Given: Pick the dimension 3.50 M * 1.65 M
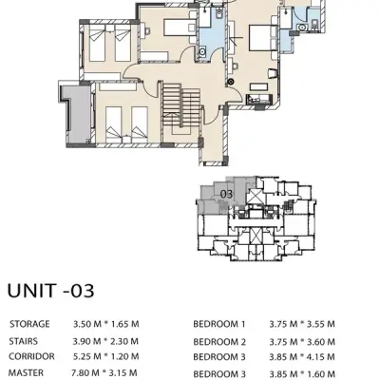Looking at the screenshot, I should click(x=106, y=323).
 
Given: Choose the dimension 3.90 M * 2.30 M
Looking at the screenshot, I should click(x=106, y=340).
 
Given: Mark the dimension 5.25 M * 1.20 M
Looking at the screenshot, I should click(x=106, y=357).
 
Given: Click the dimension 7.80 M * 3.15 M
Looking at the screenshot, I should click(x=106, y=373).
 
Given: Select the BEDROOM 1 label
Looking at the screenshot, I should click(x=219, y=323).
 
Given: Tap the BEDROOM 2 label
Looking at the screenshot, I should click(x=219, y=340).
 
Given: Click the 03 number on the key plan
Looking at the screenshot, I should click(x=226, y=194).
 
